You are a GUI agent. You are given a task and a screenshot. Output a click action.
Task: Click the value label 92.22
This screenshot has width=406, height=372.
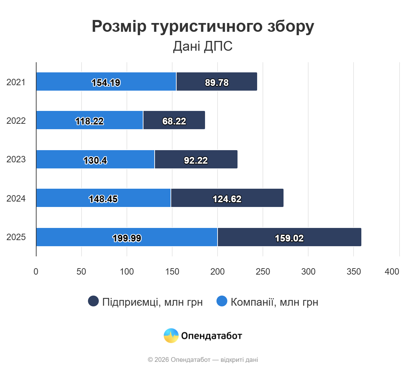196,160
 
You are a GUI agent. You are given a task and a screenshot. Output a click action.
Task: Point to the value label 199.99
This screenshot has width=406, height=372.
127,238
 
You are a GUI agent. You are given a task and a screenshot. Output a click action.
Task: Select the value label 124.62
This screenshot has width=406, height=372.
227,199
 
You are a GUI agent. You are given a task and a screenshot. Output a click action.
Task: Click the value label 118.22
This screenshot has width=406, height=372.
89,121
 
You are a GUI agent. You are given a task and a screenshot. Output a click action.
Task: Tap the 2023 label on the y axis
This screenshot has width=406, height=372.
16,159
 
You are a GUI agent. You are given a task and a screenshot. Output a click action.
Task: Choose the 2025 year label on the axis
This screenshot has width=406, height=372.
16,237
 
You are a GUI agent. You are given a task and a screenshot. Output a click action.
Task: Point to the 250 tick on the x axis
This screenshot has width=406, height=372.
263,272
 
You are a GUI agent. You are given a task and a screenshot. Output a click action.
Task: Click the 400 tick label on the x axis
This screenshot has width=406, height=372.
392,272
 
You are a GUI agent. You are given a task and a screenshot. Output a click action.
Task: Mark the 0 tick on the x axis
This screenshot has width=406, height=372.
36,272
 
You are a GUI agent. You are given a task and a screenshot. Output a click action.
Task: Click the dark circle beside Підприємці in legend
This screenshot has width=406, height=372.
93,301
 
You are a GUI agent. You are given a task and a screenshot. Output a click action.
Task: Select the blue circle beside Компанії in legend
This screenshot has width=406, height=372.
222,301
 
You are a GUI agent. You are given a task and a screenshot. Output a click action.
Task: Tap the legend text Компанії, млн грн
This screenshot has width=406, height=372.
274,302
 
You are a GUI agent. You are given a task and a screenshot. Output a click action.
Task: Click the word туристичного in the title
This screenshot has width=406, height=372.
207,26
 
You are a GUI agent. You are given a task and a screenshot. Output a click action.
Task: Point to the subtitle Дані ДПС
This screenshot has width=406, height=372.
203,46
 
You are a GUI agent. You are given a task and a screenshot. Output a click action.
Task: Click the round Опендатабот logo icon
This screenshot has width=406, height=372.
171,335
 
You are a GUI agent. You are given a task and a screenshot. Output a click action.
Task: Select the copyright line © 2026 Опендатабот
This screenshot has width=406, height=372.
203,359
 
